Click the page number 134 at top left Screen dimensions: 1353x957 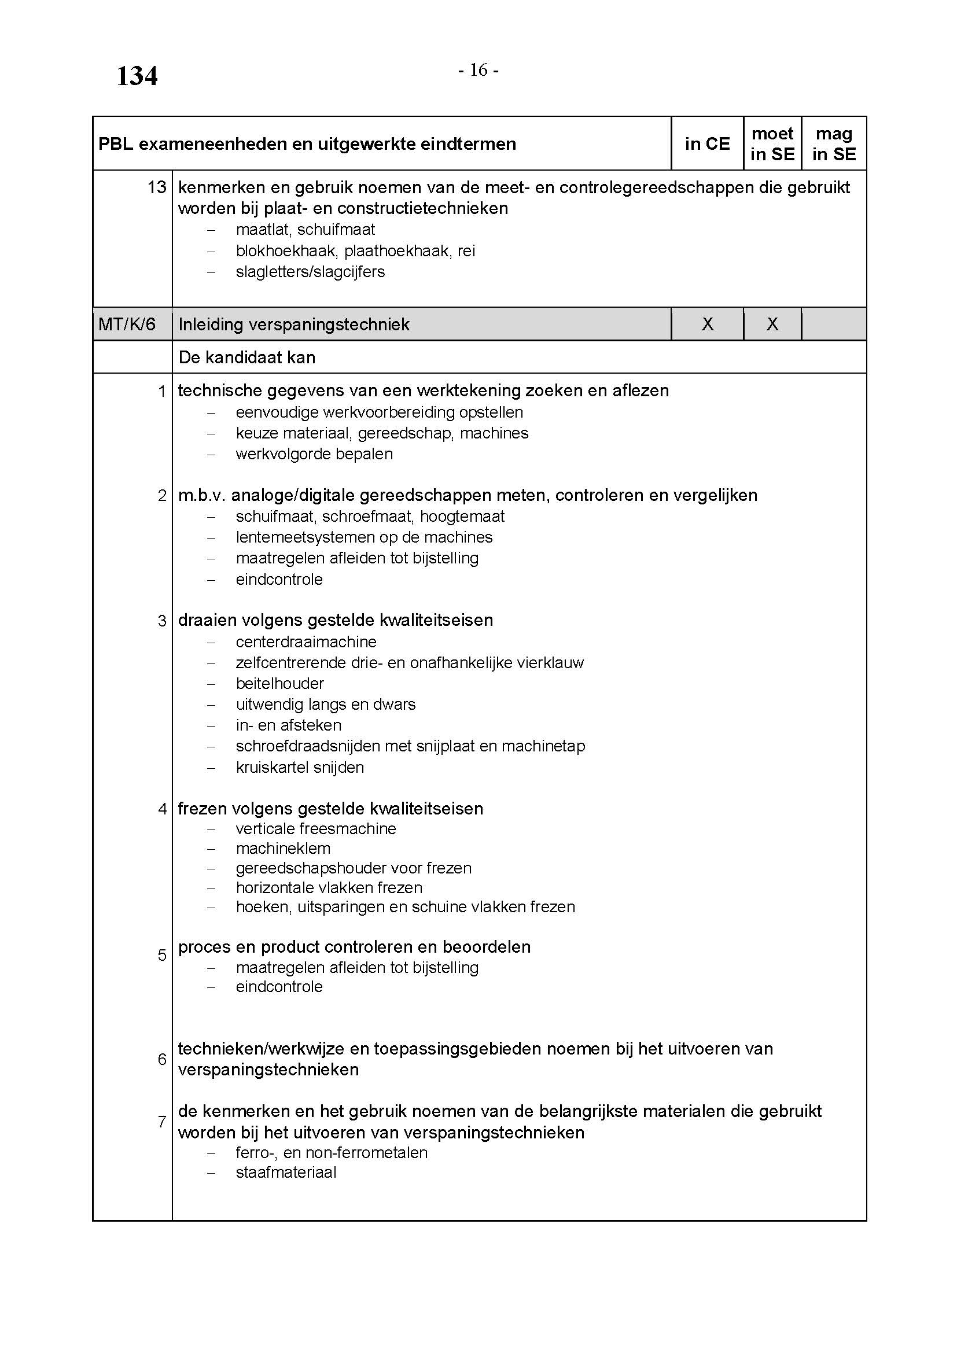click(137, 76)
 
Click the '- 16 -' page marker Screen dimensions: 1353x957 click(478, 71)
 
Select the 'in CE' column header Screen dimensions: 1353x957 click(707, 144)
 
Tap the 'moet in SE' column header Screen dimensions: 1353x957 click(772, 144)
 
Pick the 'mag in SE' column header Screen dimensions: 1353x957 click(834, 144)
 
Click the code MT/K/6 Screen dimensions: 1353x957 click(127, 324)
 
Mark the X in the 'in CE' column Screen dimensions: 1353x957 click(708, 324)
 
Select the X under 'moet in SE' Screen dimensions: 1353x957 click(772, 324)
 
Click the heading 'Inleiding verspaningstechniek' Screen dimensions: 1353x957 click(293, 324)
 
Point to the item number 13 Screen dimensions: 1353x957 click(157, 187)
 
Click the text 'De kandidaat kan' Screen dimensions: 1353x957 click(246, 357)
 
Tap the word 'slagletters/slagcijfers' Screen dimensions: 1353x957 click(310, 272)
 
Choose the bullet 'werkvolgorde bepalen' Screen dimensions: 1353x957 click(314, 454)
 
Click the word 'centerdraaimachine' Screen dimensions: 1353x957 click(306, 642)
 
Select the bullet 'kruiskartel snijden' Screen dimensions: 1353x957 click(300, 767)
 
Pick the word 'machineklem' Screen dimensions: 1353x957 click(283, 848)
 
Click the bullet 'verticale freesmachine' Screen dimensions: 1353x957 click(316, 828)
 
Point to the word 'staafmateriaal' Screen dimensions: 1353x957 click(286, 1172)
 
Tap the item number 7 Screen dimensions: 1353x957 click(162, 1122)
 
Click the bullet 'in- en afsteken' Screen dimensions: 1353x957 click(289, 725)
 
